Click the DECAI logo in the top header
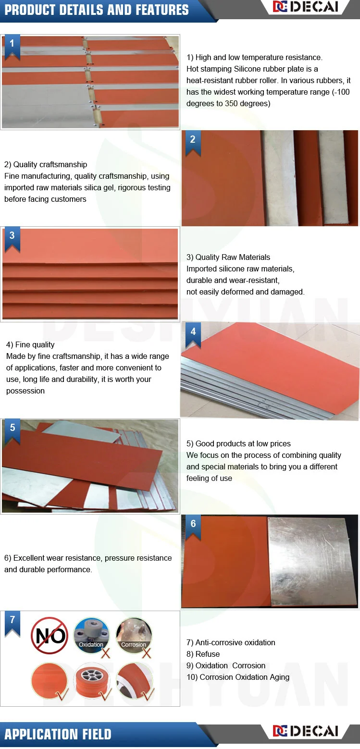point(306,7)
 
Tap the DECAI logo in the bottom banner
point(306,731)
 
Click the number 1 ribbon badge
point(12,47)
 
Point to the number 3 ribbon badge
point(12,239)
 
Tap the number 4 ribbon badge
point(193,335)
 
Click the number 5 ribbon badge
point(12,432)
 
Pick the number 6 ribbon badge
point(193,528)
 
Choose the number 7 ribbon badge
point(12,624)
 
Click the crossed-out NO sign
point(50,636)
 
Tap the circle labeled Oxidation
point(91,635)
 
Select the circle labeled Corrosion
point(134,635)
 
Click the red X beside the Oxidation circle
point(106,653)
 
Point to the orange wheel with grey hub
point(91,681)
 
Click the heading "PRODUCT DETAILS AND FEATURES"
point(97,10)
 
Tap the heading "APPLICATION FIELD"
point(58,734)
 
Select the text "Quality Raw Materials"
point(233,257)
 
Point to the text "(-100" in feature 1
point(341,92)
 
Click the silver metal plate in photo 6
point(310,562)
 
